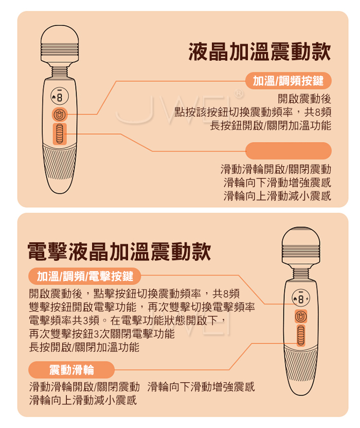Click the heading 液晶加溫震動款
260,51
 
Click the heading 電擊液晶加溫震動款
119,252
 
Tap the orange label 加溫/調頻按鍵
288,81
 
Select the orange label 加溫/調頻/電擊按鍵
85,276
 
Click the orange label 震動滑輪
71,370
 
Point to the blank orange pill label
289,151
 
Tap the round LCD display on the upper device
60,97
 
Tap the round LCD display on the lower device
301,298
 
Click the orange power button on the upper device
60,115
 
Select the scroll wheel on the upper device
60,134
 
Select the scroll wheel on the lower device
301,336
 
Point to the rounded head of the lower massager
301,246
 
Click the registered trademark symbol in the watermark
239,93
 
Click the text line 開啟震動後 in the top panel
304,99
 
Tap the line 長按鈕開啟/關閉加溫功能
271,126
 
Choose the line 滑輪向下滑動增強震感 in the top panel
277,182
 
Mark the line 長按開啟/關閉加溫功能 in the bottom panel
84,347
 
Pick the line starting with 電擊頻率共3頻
128,320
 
